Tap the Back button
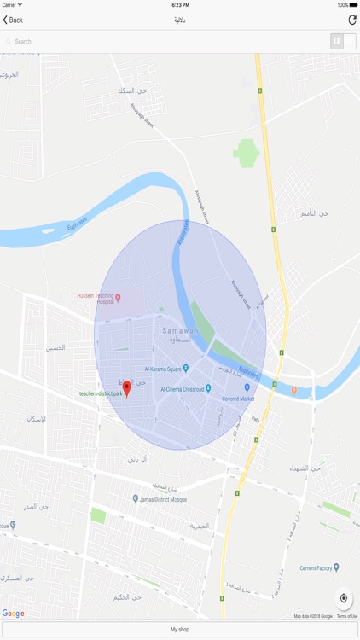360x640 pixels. tap(13, 20)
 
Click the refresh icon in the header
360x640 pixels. tap(351, 20)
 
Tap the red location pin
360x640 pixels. tap(127, 389)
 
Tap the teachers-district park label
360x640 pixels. tap(101, 394)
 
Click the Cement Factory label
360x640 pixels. tap(318, 567)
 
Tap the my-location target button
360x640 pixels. tap(344, 598)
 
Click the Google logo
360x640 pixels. tap(13, 613)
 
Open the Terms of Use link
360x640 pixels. tap(347, 616)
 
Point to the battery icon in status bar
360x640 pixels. tap(351, 5)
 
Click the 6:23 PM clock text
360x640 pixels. tap(180, 5)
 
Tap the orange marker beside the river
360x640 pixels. tap(294, 390)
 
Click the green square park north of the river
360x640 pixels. tap(247, 154)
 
